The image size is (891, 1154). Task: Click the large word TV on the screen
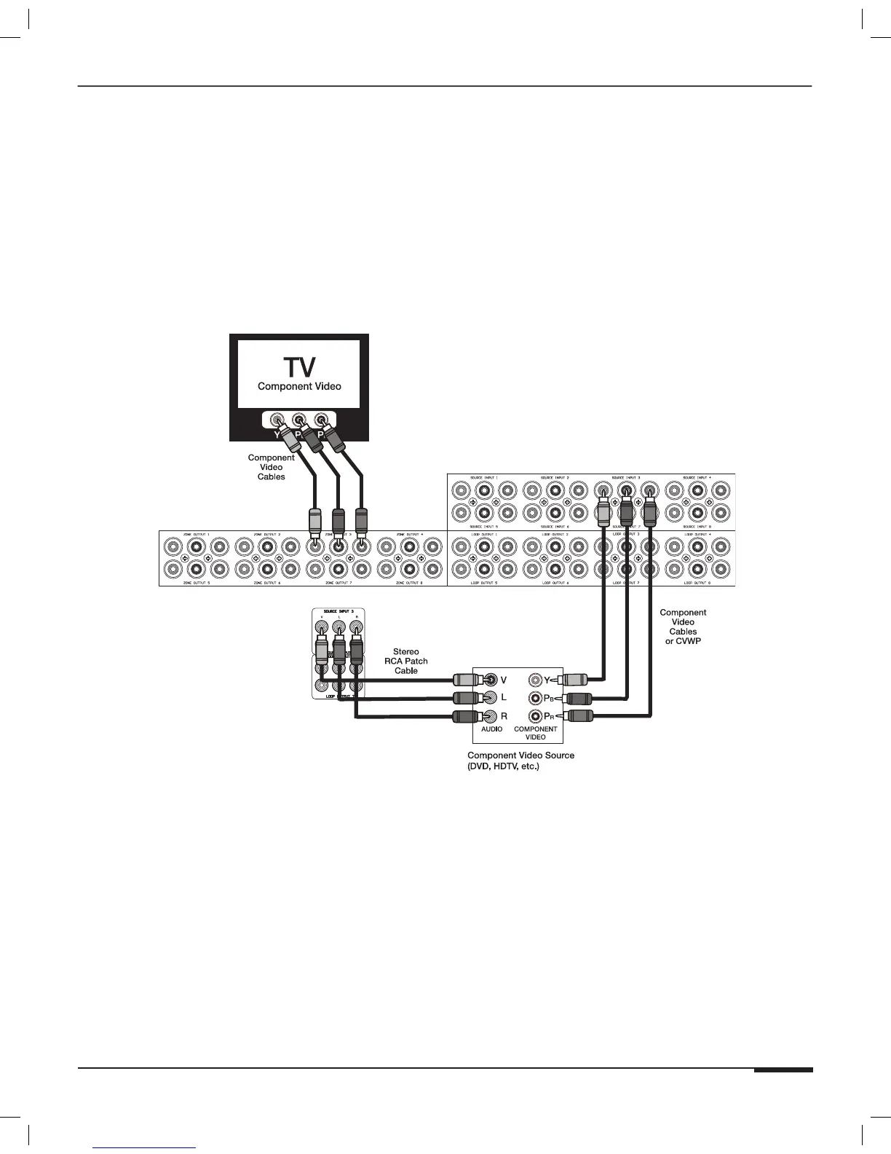pos(299,366)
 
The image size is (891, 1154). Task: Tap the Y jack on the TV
pos(277,420)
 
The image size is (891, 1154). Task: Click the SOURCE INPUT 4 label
pos(697,478)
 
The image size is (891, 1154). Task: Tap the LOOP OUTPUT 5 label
pos(484,584)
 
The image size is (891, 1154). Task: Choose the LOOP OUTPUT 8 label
pos(697,584)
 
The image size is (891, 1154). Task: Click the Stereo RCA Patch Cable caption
pos(406,662)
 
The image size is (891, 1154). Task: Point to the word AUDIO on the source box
pos(491,729)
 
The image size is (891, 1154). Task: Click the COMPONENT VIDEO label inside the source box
pos(536,733)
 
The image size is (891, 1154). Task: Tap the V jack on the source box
pos(491,680)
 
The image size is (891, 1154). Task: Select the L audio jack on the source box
pos(491,698)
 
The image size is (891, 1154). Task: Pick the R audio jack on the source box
pos(491,716)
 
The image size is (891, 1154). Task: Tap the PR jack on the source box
pos(537,716)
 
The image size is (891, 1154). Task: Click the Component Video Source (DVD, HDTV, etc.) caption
pos(520,761)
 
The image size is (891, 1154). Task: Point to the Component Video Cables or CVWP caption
pos(683,627)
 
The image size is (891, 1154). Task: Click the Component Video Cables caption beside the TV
pos(271,467)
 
